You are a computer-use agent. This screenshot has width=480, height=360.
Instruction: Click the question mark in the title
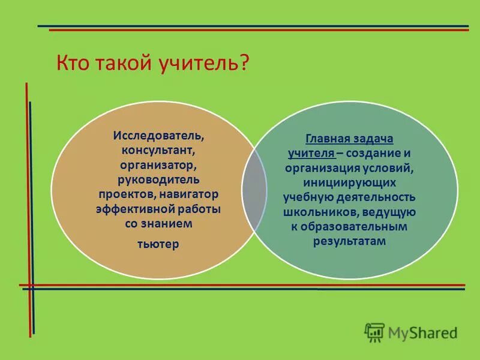(244, 63)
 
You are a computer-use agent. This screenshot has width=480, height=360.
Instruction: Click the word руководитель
(158, 179)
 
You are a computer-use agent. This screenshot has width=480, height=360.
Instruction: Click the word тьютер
(158, 244)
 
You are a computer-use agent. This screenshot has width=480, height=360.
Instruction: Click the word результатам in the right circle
(349, 241)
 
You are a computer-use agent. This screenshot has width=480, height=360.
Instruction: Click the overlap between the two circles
(254, 191)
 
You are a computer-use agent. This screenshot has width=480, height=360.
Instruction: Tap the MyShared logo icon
(374, 332)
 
